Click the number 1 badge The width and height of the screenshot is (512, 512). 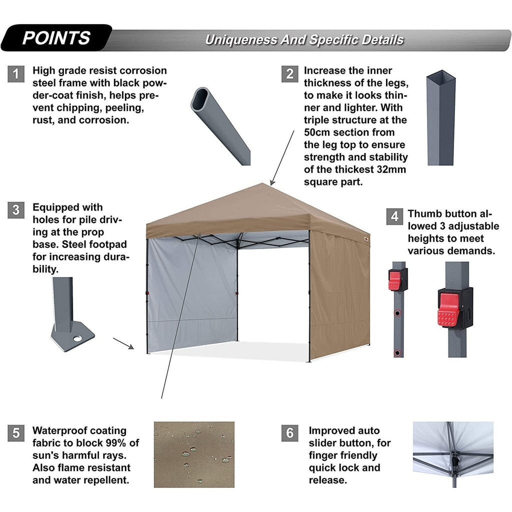[16, 74]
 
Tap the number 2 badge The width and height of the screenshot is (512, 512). [289, 74]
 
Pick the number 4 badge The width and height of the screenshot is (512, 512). [395, 216]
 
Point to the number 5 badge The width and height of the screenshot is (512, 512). [16, 433]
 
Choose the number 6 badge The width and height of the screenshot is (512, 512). [289, 433]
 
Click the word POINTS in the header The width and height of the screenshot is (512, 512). [56, 38]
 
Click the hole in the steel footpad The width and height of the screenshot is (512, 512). [77, 338]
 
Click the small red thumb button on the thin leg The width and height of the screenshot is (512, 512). [394, 280]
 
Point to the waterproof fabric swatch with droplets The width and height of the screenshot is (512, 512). [194, 454]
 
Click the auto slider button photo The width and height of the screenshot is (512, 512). [453, 454]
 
